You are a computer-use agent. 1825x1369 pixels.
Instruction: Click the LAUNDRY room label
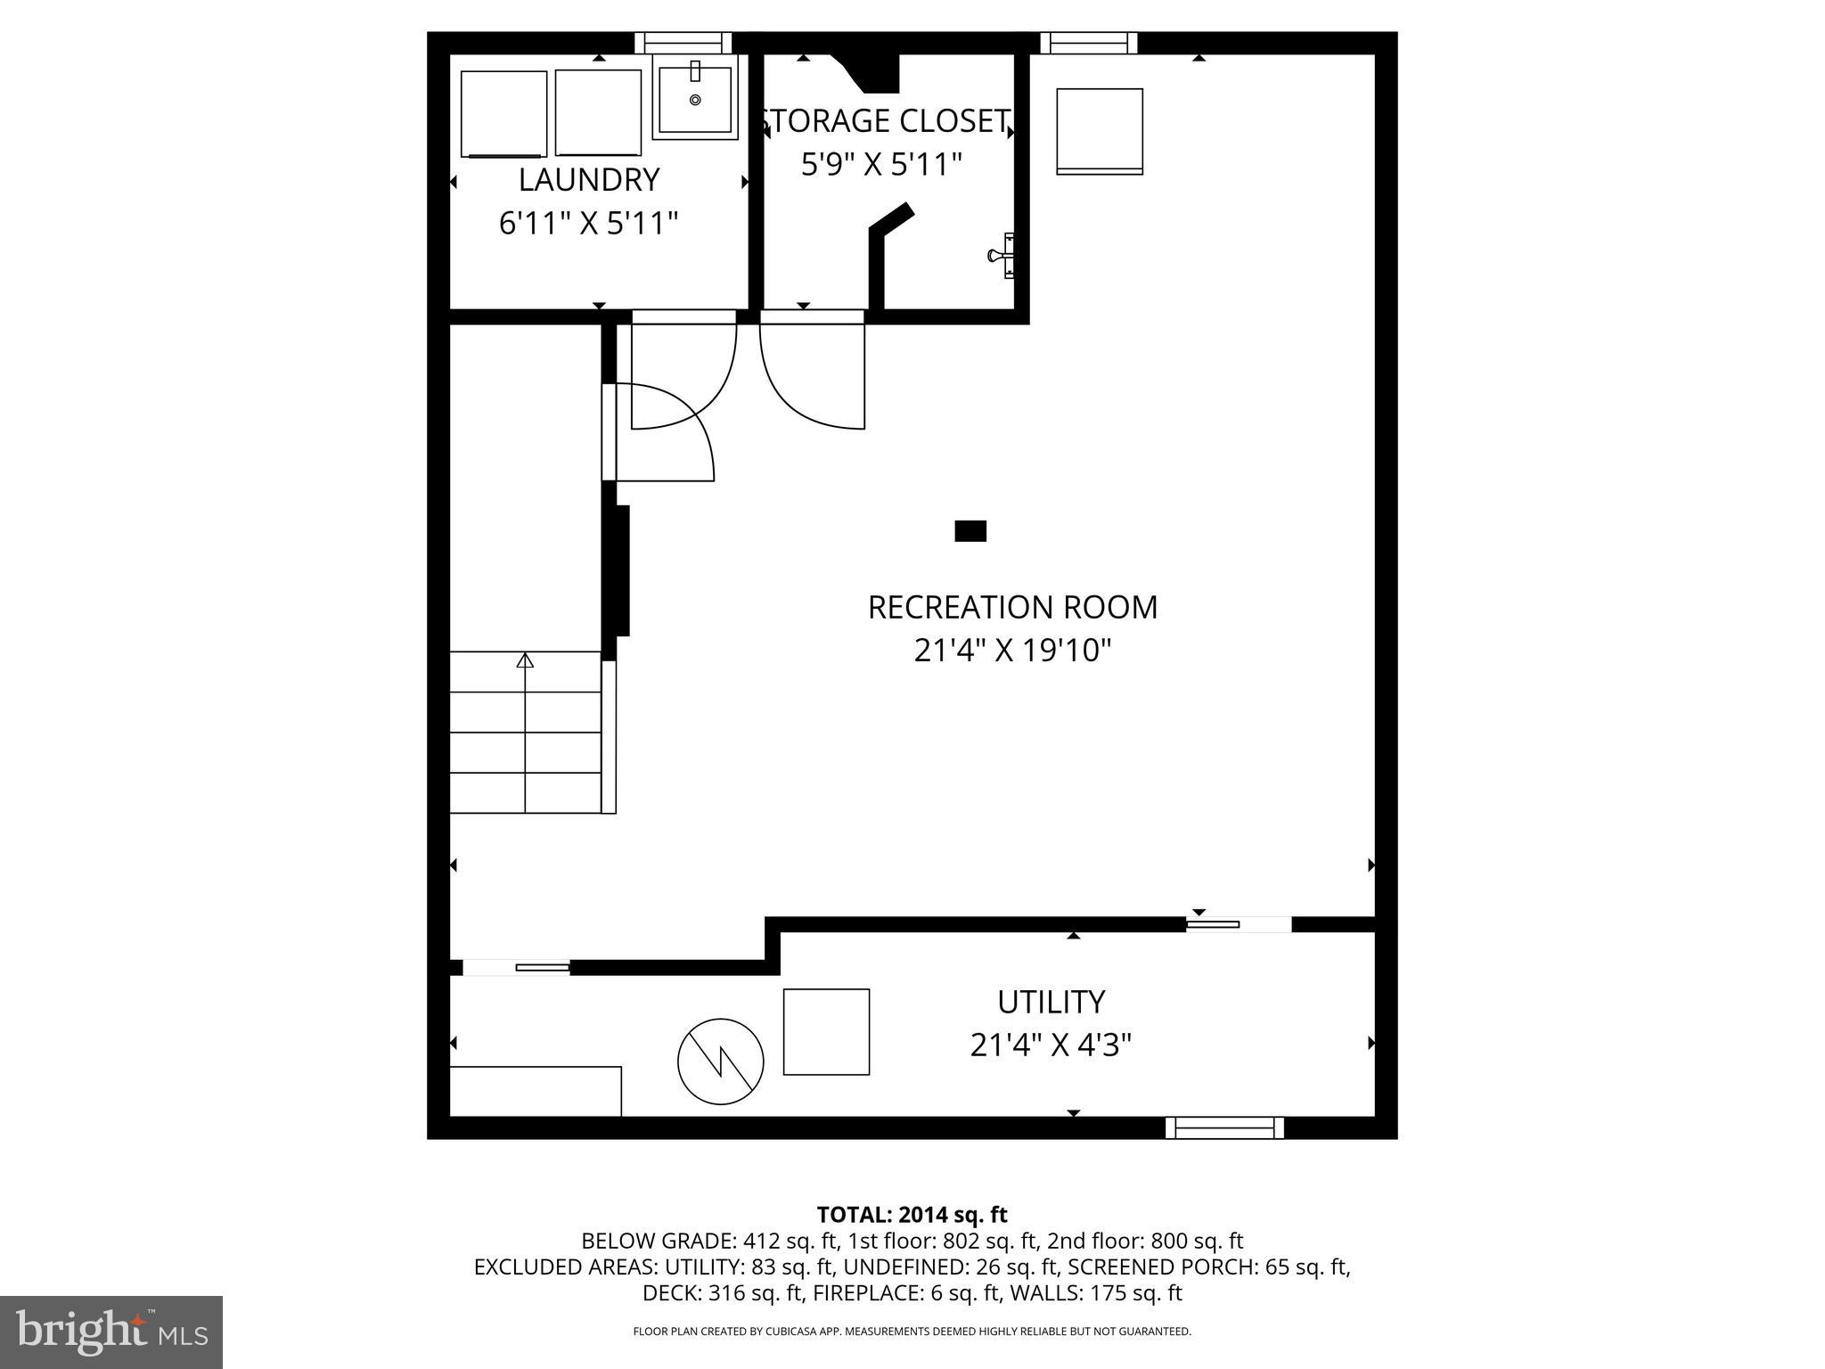tap(588, 180)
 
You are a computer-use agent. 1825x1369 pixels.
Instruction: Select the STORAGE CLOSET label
tap(886, 121)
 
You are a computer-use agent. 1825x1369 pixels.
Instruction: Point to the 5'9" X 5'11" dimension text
tap(881, 165)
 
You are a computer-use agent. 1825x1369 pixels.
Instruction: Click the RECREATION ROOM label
tap(1012, 608)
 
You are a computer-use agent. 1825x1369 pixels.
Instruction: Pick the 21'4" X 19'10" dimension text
tap(1012, 652)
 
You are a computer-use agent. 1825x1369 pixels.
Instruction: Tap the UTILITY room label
tap(1051, 1002)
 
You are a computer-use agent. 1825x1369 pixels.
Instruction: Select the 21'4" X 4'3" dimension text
tap(1051, 1045)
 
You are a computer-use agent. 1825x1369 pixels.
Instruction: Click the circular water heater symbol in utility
tap(720, 1062)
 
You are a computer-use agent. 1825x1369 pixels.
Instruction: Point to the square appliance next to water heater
tap(826, 1031)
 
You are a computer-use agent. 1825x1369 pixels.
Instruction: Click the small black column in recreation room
tap(970, 531)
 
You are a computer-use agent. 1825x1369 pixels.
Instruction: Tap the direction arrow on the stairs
tap(525, 660)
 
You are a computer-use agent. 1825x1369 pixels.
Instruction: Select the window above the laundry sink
tap(683, 43)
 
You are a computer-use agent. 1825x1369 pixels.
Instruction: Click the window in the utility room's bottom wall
tap(1224, 1127)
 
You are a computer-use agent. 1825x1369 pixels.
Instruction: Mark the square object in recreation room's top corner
tap(1099, 131)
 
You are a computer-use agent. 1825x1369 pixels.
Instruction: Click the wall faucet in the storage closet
tap(1002, 256)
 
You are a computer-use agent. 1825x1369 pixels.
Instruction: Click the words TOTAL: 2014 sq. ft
tap(912, 1215)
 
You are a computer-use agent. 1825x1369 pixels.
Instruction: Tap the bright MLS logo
tap(110, 1332)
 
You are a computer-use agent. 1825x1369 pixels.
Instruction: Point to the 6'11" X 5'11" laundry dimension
tap(588, 224)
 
